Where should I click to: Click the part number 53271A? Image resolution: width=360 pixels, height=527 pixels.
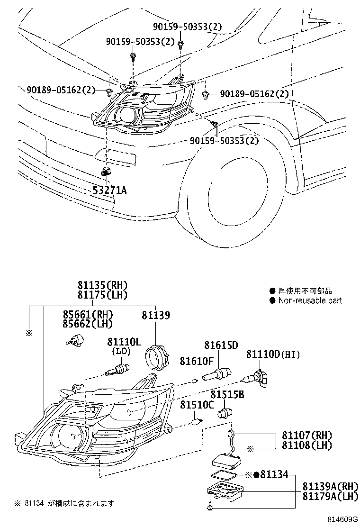tap(109, 190)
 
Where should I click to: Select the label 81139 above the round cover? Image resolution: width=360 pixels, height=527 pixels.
tap(156, 315)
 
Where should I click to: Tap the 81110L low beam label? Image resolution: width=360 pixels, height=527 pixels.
tap(124, 342)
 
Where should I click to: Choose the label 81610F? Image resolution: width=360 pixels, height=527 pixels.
tap(196, 361)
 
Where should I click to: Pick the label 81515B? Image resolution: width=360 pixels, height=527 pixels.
tap(227, 394)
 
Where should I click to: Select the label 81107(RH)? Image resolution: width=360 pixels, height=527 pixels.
tap(307, 435)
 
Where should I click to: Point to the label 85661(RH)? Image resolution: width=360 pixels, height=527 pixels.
tap(88, 315)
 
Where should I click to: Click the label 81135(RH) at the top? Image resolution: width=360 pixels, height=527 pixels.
tap(103, 285)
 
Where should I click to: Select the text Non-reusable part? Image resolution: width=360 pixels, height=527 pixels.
tap(309, 300)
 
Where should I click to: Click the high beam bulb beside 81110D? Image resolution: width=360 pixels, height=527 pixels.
tap(259, 378)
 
